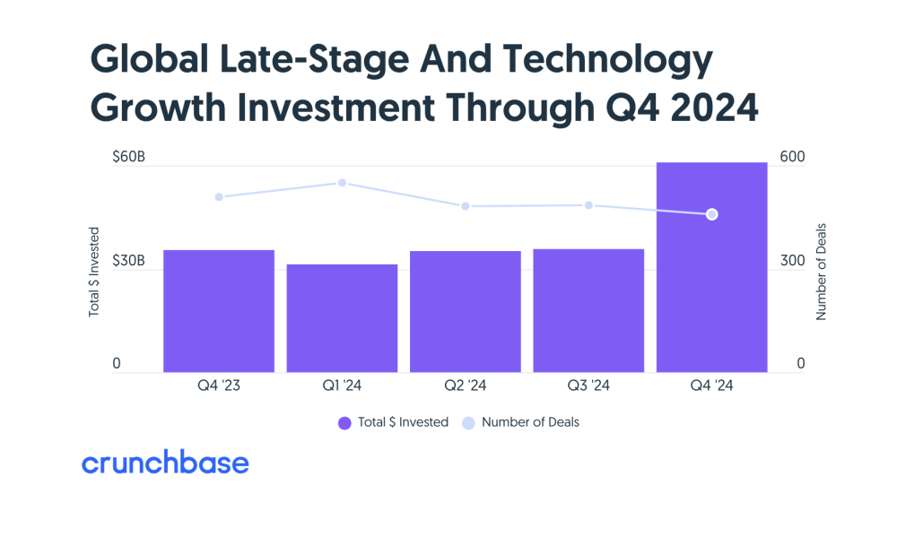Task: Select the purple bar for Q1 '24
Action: (342, 318)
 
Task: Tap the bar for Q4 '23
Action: (218, 311)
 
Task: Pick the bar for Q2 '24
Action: (465, 311)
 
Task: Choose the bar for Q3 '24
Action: (588, 310)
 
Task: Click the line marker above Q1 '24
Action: (342, 183)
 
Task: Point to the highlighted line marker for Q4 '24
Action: (711, 214)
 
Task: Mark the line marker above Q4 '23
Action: (218, 196)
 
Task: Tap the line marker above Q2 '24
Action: (465, 206)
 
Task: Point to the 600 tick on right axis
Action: (793, 157)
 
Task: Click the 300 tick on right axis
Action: (793, 261)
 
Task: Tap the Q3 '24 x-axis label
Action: (588, 386)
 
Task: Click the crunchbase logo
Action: (165, 463)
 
